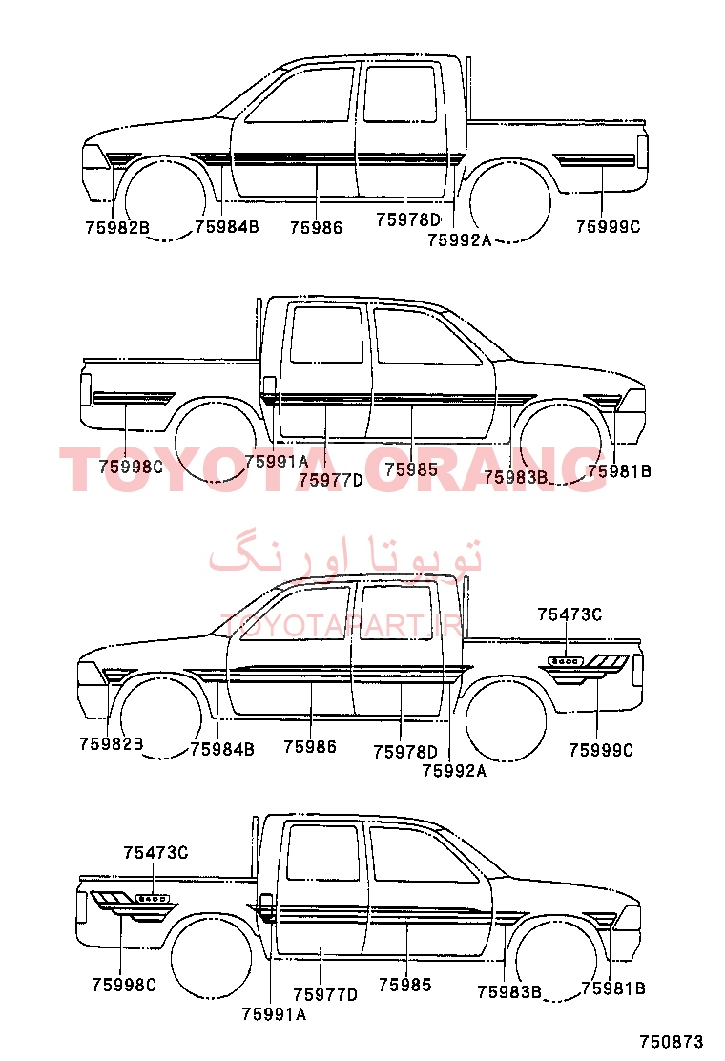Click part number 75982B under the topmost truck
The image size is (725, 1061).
[x=117, y=228]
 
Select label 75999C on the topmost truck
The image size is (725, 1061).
[x=608, y=227]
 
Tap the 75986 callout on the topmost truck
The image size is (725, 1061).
[x=316, y=228]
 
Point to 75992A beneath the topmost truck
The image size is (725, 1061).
[x=459, y=240]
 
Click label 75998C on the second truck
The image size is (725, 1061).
[x=131, y=467]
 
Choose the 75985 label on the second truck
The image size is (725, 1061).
[x=411, y=469]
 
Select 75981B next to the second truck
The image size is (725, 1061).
[x=619, y=471]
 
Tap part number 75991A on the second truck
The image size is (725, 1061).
[x=276, y=462]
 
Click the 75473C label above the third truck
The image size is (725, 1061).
[x=570, y=614]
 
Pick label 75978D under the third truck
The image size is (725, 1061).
[x=405, y=752]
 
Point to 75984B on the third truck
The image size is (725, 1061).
[x=222, y=749]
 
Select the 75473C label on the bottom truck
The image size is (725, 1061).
[x=155, y=853]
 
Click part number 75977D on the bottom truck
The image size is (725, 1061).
[x=325, y=994]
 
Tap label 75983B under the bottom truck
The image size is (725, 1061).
[x=509, y=992]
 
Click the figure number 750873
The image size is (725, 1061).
[x=672, y=1041]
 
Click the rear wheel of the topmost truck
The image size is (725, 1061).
[x=508, y=201]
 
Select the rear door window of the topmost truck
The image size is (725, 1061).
[x=399, y=94]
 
